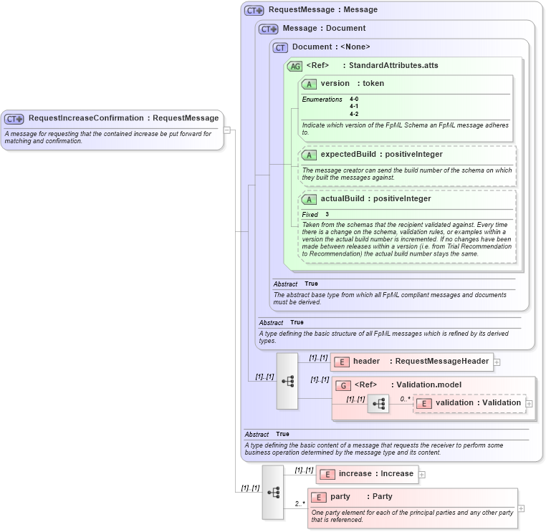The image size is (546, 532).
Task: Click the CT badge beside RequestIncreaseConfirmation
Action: pyautogui.click(x=14, y=118)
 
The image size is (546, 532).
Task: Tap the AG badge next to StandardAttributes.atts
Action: pyautogui.click(x=294, y=66)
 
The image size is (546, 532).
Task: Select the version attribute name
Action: pyautogui.click(x=335, y=84)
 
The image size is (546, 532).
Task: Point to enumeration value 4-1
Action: pyautogui.click(x=354, y=107)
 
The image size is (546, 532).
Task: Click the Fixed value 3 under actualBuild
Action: pyautogui.click(x=327, y=214)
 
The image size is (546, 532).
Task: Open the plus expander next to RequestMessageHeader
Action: pyautogui.click(x=497, y=362)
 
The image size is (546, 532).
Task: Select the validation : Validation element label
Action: pyautogui.click(x=478, y=403)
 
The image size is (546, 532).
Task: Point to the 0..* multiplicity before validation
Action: pyautogui.click(x=405, y=399)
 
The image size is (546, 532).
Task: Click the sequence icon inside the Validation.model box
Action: pyautogui.click(x=378, y=405)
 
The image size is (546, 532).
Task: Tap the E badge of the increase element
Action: pyautogui.click(x=327, y=474)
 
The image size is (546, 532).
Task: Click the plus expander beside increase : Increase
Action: pyautogui.click(x=422, y=474)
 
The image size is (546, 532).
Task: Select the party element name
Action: pyautogui.click(x=340, y=497)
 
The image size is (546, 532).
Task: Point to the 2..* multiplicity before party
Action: pyautogui.click(x=300, y=504)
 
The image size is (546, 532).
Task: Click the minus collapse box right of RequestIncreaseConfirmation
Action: pyautogui.click(x=227, y=130)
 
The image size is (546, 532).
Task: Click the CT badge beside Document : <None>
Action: pyautogui.click(x=280, y=47)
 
